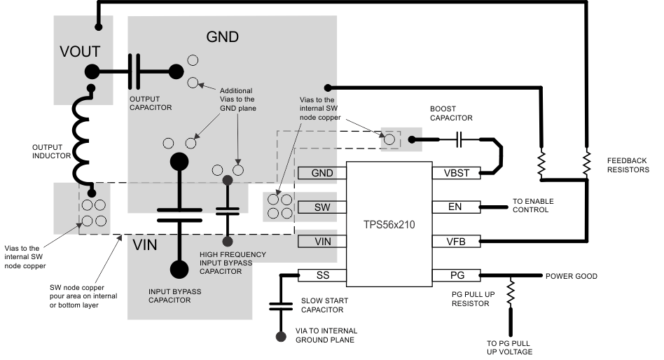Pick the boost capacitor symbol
click(459, 140)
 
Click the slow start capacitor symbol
click(281, 306)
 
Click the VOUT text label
click(80, 51)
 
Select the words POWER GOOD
click(572, 276)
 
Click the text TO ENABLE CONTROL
click(533, 206)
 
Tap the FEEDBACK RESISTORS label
click(628, 165)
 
